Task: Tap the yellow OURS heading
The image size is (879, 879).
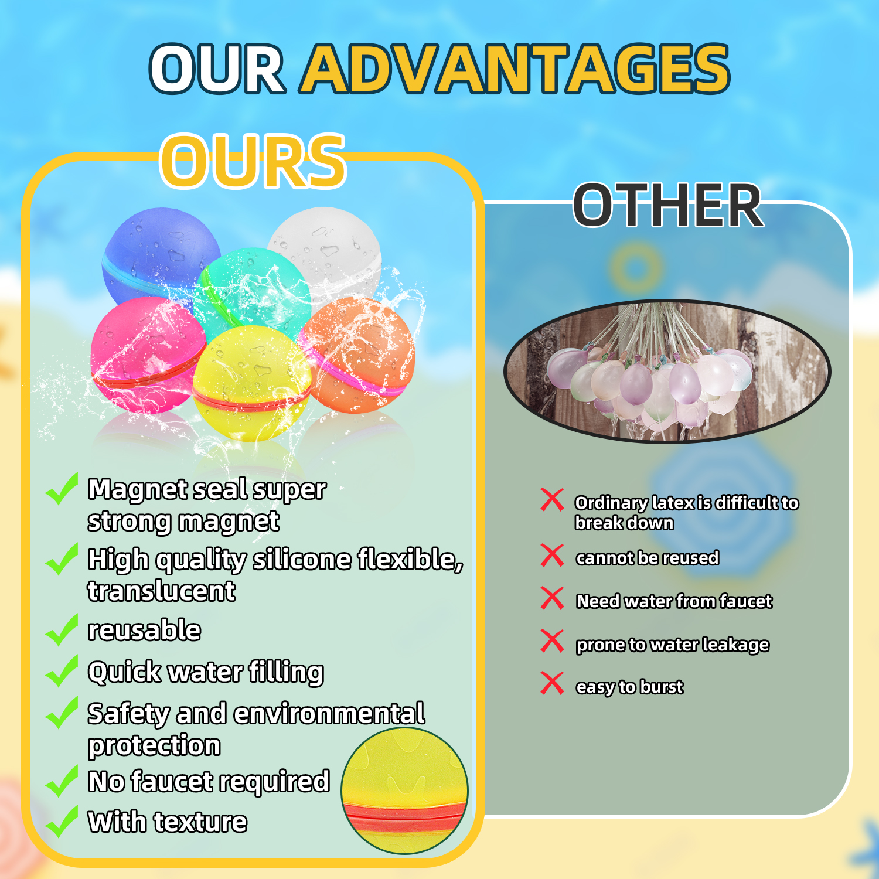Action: (x=253, y=161)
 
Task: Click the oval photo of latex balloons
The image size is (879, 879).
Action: (x=667, y=371)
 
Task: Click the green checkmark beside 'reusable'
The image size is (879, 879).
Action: (x=62, y=630)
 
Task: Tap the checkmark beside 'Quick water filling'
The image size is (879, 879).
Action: (x=62, y=672)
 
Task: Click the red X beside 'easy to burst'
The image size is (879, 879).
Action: (x=552, y=683)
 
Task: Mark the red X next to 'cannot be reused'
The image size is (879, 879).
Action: (x=552, y=556)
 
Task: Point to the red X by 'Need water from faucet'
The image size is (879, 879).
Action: (x=552, y=598)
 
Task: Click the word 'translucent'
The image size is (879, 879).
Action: (x=161, y=591)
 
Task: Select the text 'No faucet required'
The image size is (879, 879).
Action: (x=209, y=781)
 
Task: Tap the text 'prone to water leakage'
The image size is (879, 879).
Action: (x=672, y=645)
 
